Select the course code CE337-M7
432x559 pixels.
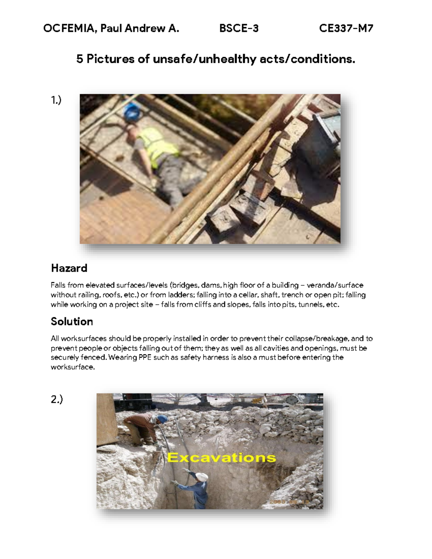pyautogui.click(x=346, y=28)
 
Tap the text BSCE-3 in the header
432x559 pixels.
pyautogui.click(x=239, y=28)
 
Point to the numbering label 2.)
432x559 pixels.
pyautogui.click(x=57, y=399)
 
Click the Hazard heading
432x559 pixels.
pyautogui.click(x=69, y=268)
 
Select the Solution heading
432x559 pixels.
pyautogui.click(x=72, y=321)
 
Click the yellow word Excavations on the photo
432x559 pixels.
pyautogui.click(x=221, y=458)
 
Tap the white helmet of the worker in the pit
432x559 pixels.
pyautogui.click(x=202, y=477)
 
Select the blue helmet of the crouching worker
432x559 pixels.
pyautogui.click(x=163, y=419)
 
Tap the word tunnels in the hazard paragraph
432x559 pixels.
pyautogui.click(x=311, y=305)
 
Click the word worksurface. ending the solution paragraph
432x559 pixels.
pyautogui.click(x=73, y=367)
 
